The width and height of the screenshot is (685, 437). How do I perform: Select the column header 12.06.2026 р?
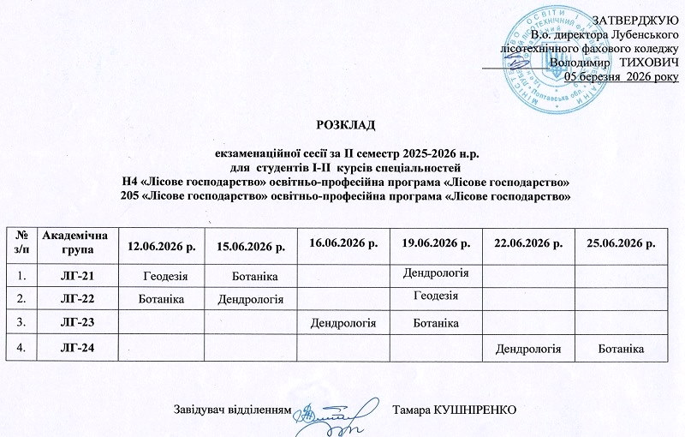point(162,247)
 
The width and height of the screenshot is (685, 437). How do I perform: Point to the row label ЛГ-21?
point(75,274)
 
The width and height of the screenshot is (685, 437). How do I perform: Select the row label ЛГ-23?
point(75,322)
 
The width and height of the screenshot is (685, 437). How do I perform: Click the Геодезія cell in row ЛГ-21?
point(162,274)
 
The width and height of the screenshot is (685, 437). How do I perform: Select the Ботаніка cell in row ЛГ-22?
point(162,299)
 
